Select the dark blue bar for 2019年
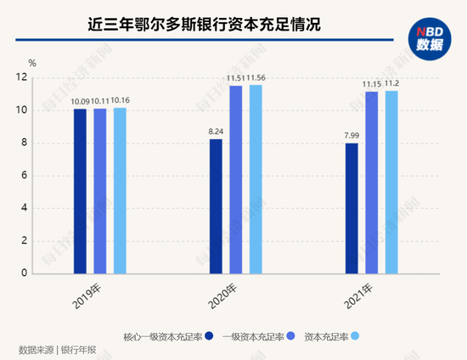(x=80, y=191)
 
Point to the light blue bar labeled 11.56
(x=256, y=179)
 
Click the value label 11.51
(x=235, y=79)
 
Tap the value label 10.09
(x=80, y=102)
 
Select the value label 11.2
(x=391, y=84)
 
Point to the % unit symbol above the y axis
(x=31, y=62)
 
